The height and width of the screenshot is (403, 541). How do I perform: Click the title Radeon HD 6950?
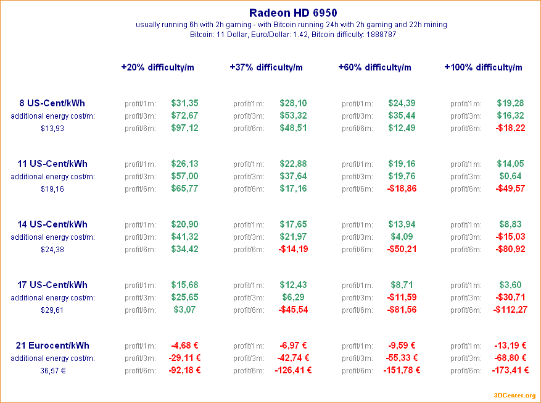pos(293,12)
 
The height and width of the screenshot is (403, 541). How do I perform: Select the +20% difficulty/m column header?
pos(157,67)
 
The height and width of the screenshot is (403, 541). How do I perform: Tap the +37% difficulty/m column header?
pos(266,67)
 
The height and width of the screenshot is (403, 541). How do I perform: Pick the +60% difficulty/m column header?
pos(374,67)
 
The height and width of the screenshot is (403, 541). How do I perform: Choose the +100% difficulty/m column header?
pos(483,67)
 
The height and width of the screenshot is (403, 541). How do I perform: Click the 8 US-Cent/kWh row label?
pos(52,103)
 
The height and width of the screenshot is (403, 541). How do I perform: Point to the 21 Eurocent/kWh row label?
pos(52,346)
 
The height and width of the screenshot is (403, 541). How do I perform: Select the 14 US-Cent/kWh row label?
pos(52,224)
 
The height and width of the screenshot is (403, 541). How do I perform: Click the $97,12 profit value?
pos(184,128)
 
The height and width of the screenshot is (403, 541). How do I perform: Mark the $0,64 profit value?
pos(510,176)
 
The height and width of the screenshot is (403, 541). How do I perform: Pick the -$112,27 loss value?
pos(510,310)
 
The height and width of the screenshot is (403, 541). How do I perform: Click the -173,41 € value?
pos(510,370)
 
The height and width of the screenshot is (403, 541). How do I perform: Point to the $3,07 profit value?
pos(184,310)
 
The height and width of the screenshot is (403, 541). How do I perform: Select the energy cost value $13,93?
pos(52,129)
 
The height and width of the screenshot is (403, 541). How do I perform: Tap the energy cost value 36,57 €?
pos(52,371)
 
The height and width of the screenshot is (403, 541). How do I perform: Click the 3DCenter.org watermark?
pos(514,396)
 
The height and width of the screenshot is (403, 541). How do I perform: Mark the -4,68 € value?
pos(184,346)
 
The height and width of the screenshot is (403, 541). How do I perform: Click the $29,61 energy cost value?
pos(52,310)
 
